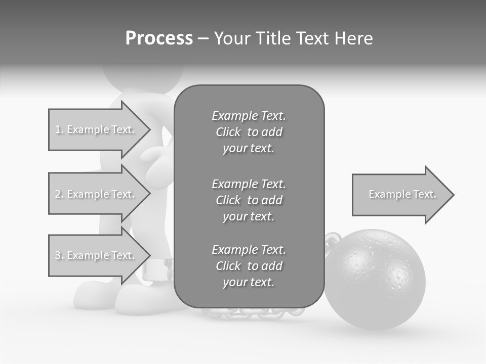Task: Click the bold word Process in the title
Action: tap(159, 38)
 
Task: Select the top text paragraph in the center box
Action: tap(249, 132)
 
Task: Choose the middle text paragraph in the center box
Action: tap(249, 200)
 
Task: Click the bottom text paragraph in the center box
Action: tap(249, 266)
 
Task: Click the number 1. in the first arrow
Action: tap(59, 130)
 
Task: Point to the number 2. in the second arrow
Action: tap(59, 195)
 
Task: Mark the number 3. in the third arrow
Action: tap(59, 256)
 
